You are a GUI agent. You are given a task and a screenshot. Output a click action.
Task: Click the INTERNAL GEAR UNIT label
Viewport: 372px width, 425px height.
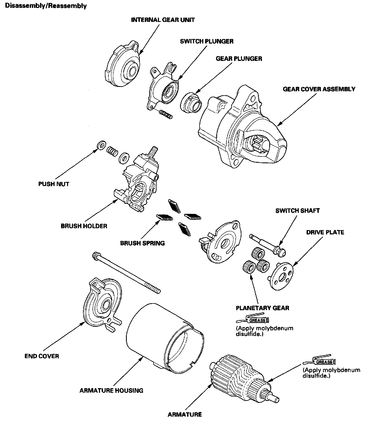(x=163, y=20)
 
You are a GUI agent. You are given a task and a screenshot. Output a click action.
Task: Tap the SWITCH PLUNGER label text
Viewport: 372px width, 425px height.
(x=207, y=41)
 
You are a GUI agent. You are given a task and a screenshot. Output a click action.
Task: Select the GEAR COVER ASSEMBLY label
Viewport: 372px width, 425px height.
(x=319, y=89)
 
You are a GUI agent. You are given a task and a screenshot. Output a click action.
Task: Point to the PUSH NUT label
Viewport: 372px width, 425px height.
(x=54, y=184)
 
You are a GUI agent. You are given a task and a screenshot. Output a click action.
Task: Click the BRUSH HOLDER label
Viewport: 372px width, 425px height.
(x=84, y=226)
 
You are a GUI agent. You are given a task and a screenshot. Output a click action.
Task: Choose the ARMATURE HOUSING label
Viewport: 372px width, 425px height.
(x=111, y=390)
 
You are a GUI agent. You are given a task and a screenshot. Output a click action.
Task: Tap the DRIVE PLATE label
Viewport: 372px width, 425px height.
(x=325, y=232)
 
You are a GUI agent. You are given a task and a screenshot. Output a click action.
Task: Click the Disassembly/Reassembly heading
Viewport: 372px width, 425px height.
(x=46, y=6)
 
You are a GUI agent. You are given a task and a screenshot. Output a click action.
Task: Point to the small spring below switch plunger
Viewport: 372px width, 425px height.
(x=165, y=114)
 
